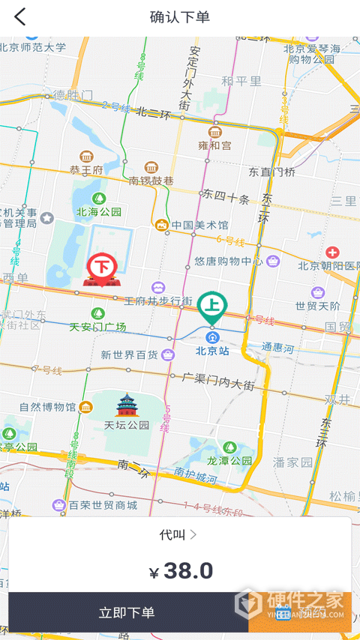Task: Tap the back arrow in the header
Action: pyautogui.click(x=19, y=17)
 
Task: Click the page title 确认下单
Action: pyautogui.click(x=180, y=17)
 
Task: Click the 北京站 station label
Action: pyautogui.click(x=211, y=350)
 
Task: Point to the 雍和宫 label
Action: pyautogui.click(x=214, y=145)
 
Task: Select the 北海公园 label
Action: pyautogui.click(x=98, y=212)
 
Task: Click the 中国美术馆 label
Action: pyautogui.click(x=199, y=225)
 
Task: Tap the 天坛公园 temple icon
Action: pyautogui.click(x=127, y=405)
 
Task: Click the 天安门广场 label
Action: pyautogui.click(x=98, y=327)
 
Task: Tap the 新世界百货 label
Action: pyautogui.click(x=130, y=354)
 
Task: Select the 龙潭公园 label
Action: pyautogui.click(x=229, y=461)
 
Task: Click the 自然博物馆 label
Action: pyautogui.click(x=47, y=408)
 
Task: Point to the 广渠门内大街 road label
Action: pyautogui.click(x=218, y=380)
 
